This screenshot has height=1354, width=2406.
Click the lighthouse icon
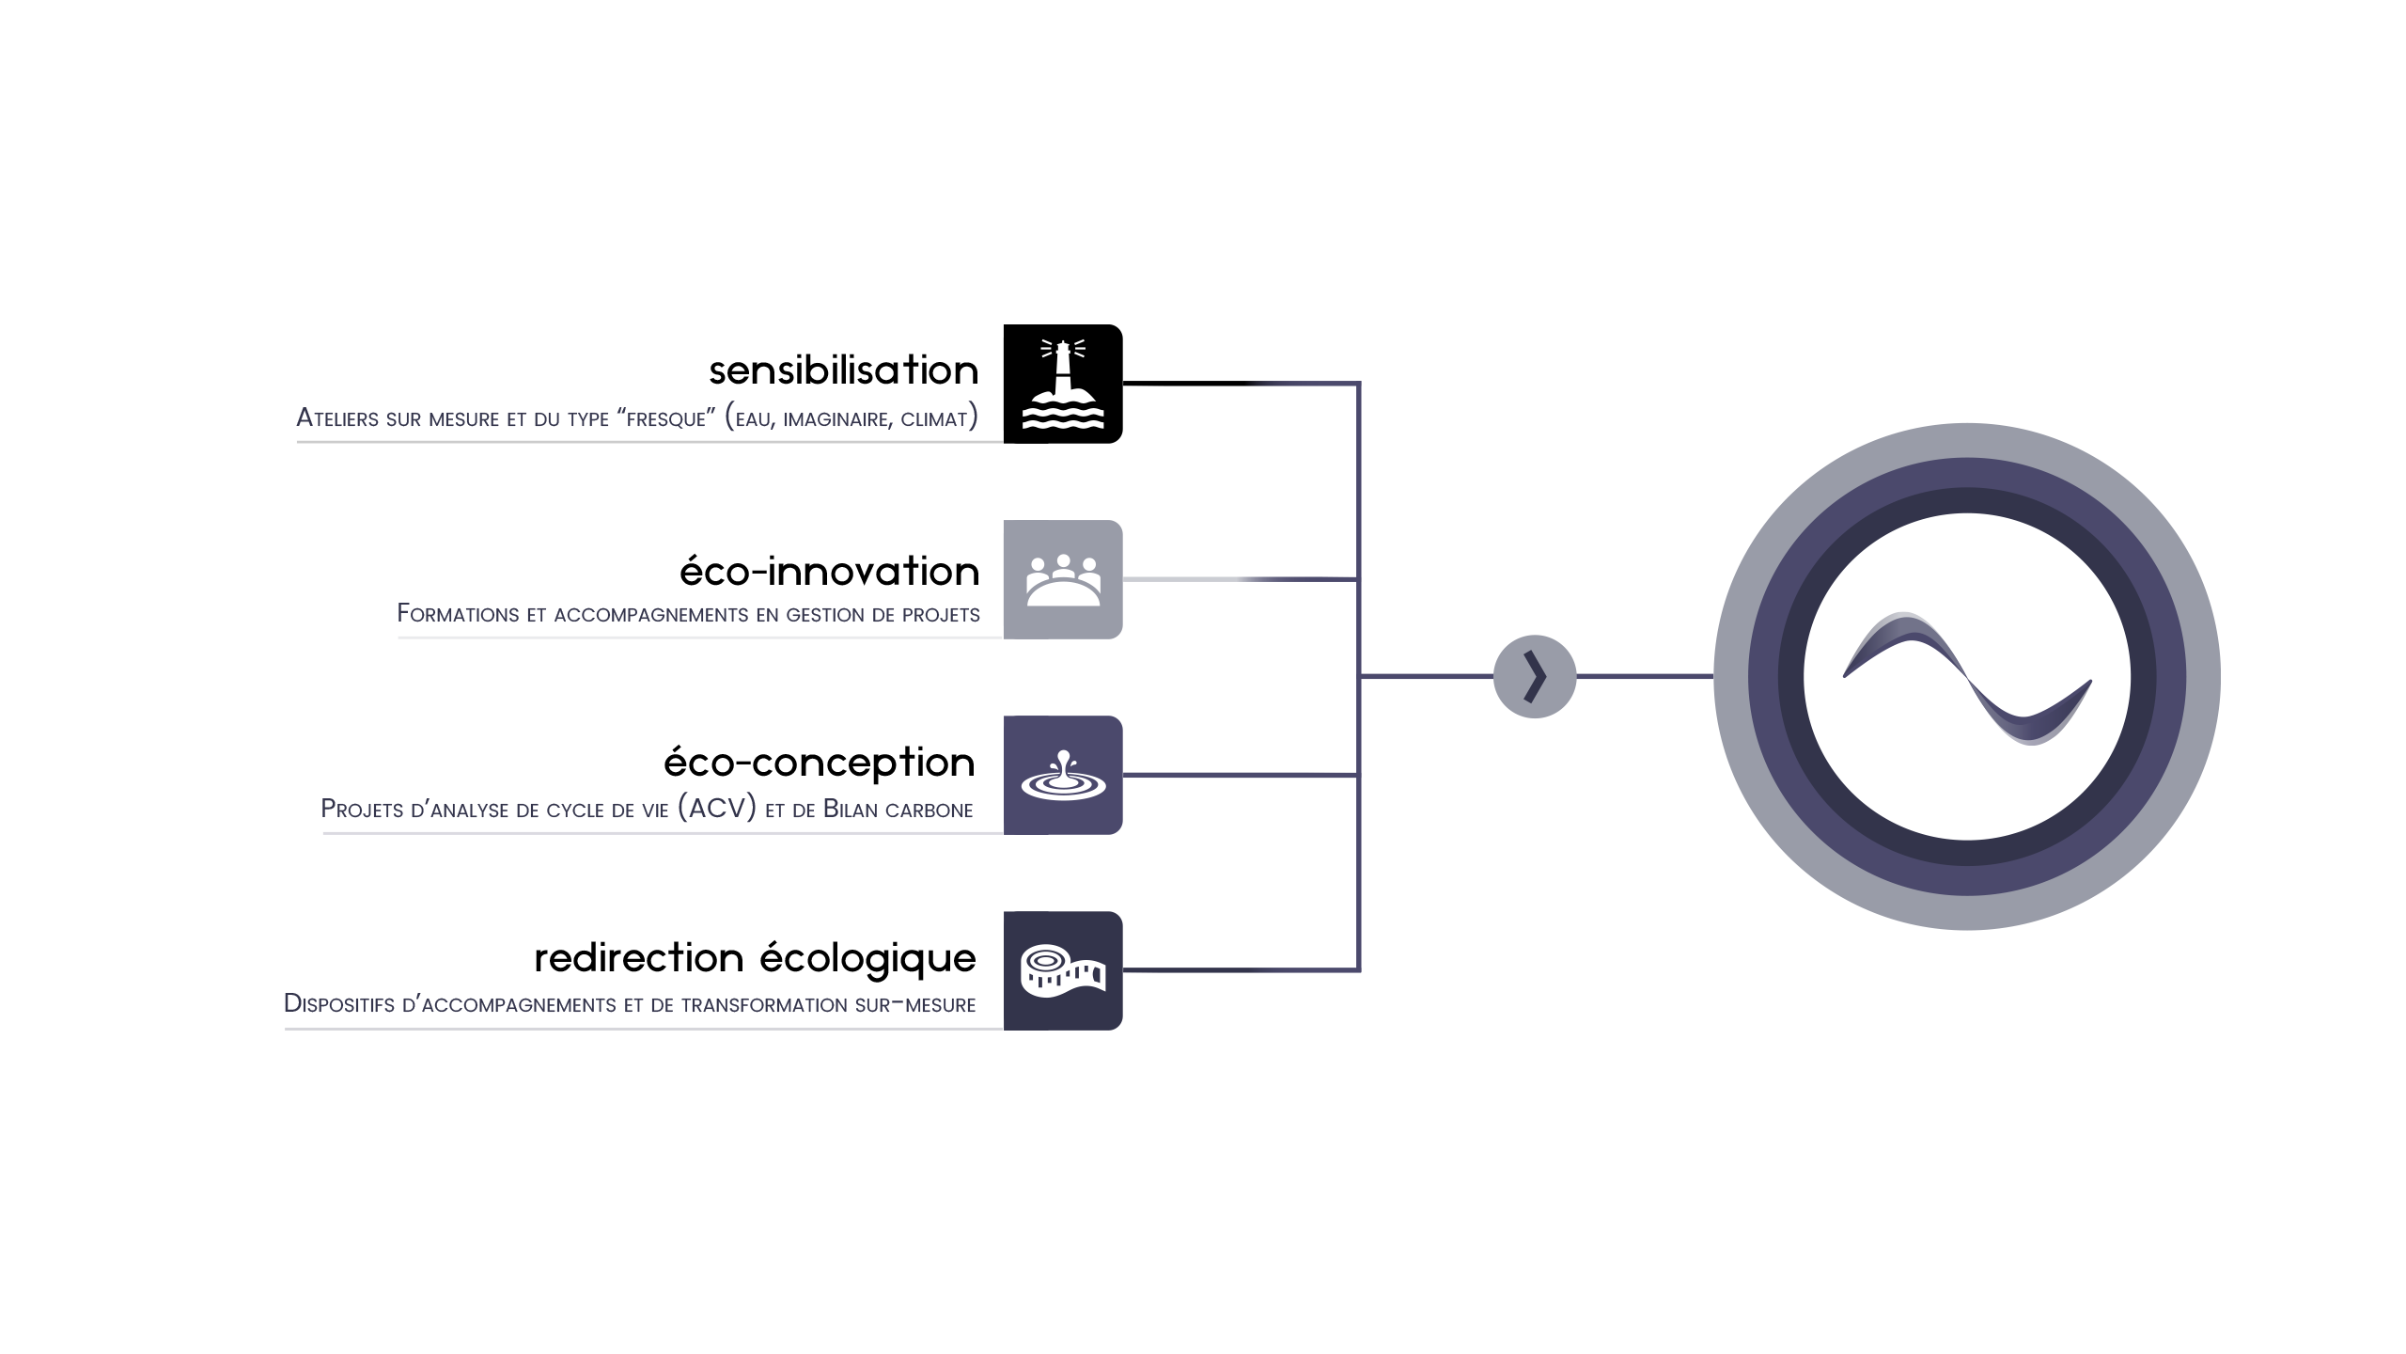point(1063,385)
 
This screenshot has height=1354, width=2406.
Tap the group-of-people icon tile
point(1063,579)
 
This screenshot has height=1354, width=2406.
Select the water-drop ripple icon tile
point(1063,775)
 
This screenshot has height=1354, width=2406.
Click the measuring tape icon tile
point(1063,970)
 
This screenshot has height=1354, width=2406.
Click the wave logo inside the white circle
point(1967,677)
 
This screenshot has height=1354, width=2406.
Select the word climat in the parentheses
point(934,418)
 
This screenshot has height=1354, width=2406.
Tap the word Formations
point(458,614)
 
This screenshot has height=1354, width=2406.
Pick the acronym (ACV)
point(717,809)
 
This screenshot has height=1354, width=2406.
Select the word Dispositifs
point(339,1004)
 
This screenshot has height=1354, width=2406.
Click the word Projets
point(361,810)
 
